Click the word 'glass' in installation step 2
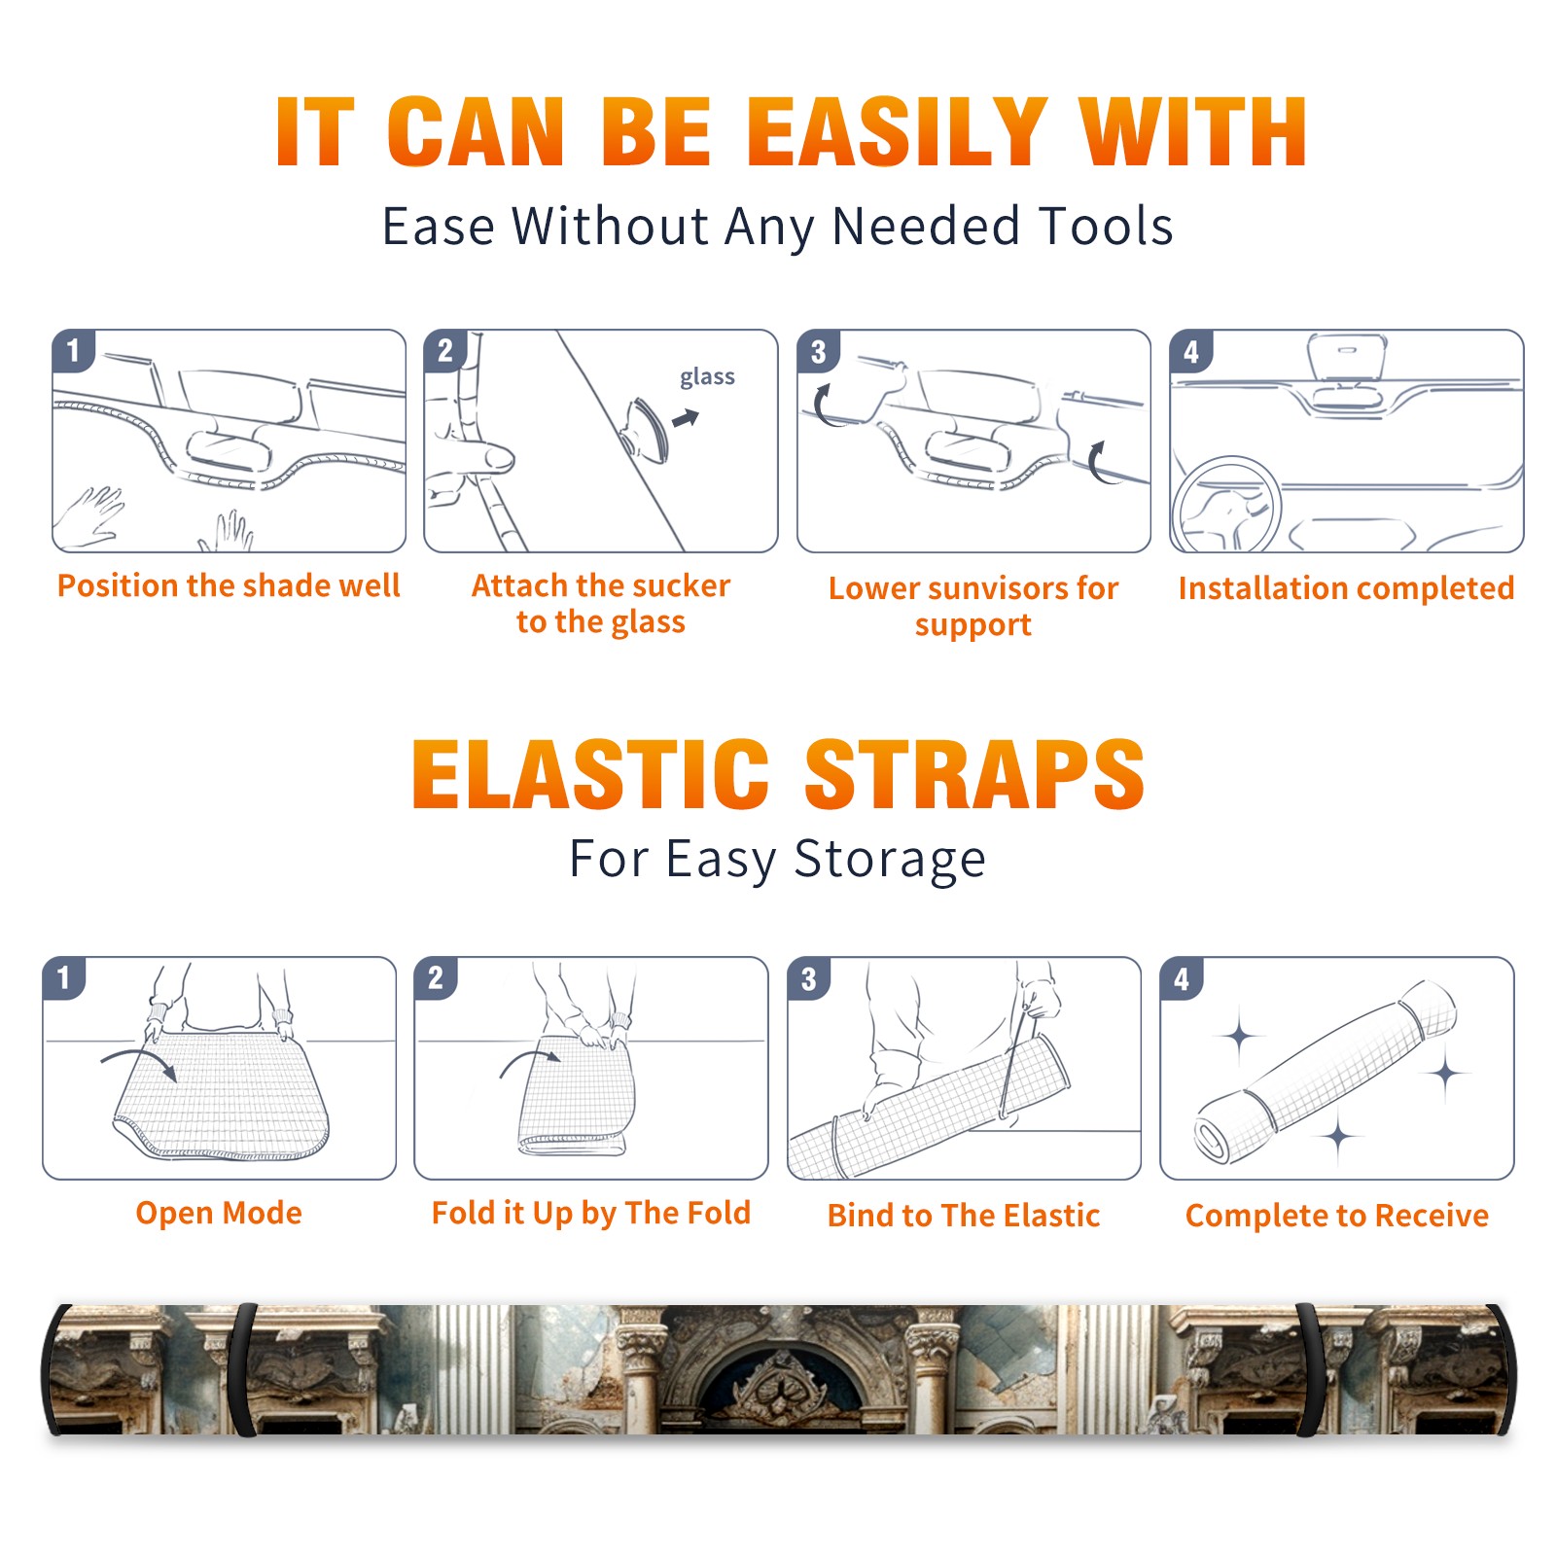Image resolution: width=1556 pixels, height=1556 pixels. [x=707, y=377]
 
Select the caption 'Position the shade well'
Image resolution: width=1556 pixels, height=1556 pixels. [x=229, y=585]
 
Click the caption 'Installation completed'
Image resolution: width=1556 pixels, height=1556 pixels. [x=1346, y=588]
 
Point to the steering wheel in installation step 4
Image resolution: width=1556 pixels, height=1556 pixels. [x=1225, y=505]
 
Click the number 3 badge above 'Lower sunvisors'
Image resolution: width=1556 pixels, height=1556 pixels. [x=818, y=351]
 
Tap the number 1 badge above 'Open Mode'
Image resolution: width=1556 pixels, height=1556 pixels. [x=64, y=977]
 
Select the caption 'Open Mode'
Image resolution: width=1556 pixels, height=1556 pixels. [x=219, y=1213]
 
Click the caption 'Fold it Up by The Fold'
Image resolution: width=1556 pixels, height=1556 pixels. [x=591, y=1213]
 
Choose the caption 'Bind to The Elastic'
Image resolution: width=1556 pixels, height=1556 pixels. [x=964, y=1216]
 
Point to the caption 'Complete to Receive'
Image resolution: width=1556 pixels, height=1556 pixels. [x=1337, y=1216]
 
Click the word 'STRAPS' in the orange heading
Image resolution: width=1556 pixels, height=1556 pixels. [x=974, y=774]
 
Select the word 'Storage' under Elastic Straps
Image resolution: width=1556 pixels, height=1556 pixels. [x=890, y=860]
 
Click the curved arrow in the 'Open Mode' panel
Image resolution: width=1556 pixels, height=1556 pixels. [x=139, y=1062]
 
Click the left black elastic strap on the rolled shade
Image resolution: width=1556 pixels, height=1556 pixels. [x=243, y=1369]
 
